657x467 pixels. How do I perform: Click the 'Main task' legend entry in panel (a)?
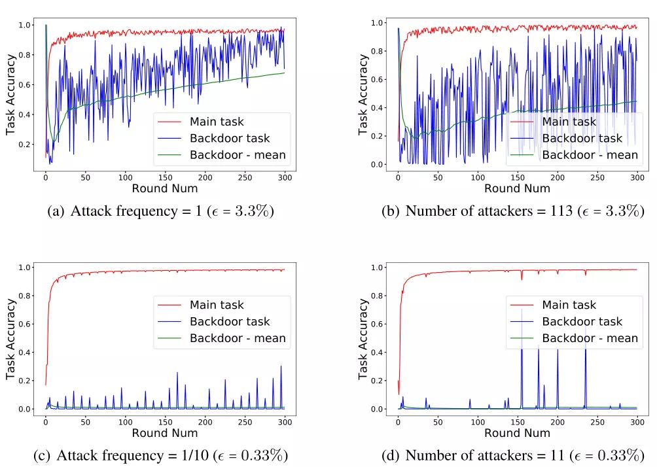(x=216, y=121)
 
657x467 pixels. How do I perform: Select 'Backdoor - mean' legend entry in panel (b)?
(x=590, y=155)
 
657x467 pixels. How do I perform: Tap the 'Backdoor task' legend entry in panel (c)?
(x=229, y=321)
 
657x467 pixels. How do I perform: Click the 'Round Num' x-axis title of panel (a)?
(x=164, y=188)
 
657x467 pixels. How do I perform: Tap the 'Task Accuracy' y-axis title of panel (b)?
(x=363, y=95)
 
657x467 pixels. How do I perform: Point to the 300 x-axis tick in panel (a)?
(x=285, y=177)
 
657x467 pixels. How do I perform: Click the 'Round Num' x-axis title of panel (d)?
(x=517, y=433)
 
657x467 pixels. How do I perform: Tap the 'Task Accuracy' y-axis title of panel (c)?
(x=11, y=338)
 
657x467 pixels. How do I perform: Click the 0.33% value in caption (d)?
(x=615, y=455)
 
